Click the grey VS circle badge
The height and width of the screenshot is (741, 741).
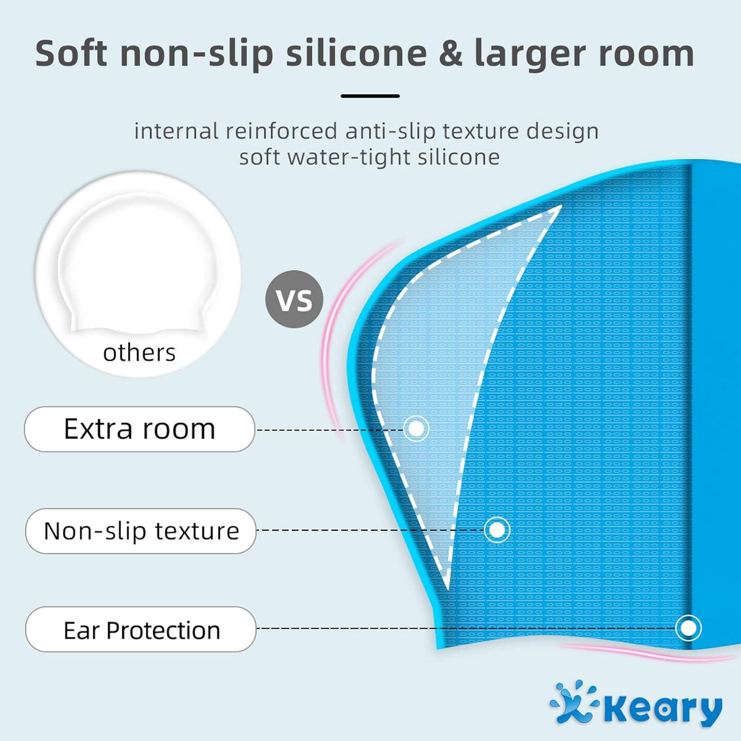(294, 299)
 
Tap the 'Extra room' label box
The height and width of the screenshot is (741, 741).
(140, 429)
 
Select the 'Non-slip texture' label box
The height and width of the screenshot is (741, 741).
(141, 531)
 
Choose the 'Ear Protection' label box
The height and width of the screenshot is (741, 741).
(141, 630)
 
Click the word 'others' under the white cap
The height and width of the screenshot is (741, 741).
(139, 353)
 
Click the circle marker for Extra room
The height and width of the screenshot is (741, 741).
(416, 428)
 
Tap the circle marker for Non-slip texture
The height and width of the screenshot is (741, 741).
(497, 530)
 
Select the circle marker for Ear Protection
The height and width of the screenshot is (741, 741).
(688, 628)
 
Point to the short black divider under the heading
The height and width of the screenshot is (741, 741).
(370, 96)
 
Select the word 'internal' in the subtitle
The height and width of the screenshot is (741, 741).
(176, 131)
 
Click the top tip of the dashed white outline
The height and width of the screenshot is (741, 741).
(561, 206)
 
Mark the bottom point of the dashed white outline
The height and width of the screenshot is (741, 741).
(448, 588)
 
